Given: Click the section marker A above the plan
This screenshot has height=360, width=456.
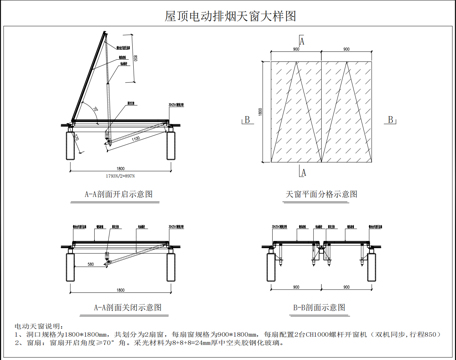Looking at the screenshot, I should coord(304,36).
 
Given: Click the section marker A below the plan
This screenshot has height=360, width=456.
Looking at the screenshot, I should coord(304,180).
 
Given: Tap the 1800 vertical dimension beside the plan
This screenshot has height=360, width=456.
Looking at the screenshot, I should coord(260,110).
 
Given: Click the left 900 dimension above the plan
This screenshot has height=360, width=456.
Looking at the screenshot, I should coord(297,48).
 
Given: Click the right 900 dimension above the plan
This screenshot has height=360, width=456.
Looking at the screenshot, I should coord(345,48).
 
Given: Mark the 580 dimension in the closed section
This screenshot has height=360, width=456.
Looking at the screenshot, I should coord(92,264).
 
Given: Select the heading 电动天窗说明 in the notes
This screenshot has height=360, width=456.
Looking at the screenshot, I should coord(38,326).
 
